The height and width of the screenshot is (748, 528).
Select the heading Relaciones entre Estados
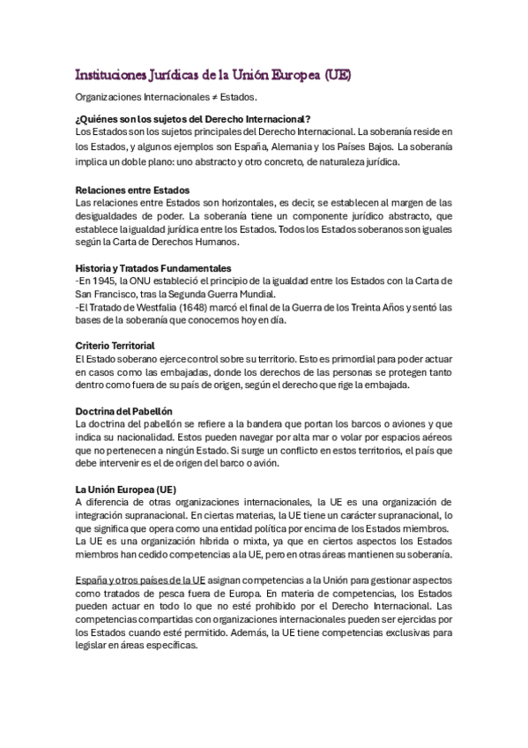pos(132,190)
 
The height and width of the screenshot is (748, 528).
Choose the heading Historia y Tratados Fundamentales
pos(154,267)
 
